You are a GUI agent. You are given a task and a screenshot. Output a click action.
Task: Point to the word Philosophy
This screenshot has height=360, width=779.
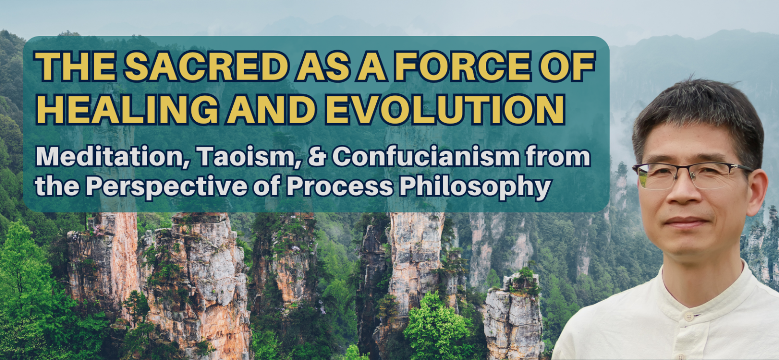[474, 188]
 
